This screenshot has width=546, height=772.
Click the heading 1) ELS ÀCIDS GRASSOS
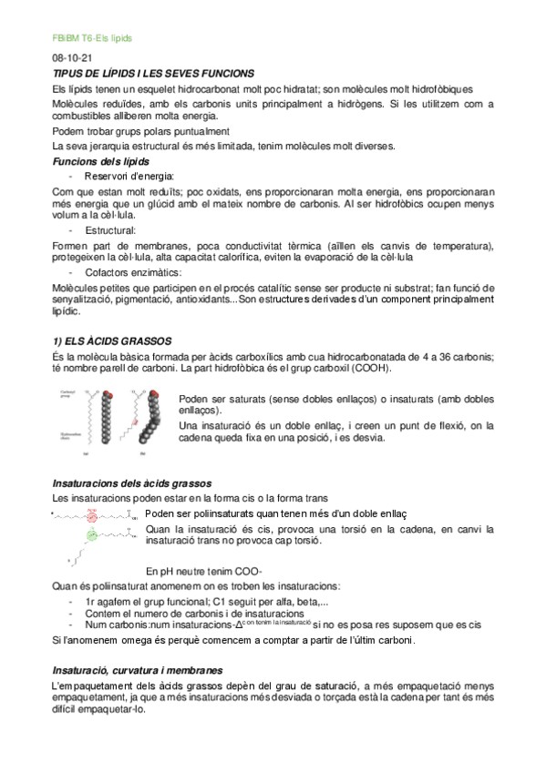click(114, 339)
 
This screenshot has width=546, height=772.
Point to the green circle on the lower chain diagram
click(91, 535)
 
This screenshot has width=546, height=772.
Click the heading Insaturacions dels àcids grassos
click(132, 482)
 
